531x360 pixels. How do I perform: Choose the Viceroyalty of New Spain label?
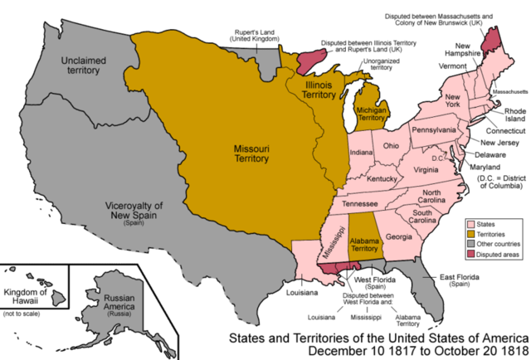(x=133, y=211)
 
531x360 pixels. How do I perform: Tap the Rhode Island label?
(x=504, y=119)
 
